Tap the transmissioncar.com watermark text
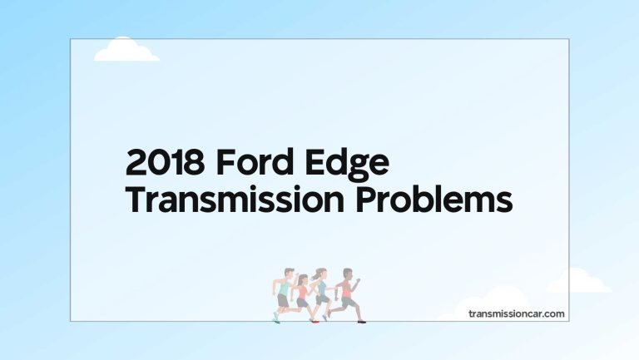tap(516, 313)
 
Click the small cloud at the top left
tap(126, 51)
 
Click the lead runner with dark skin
tap(347, 292)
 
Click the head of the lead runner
tap(349, 272)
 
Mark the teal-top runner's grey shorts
tap(283, 301)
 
